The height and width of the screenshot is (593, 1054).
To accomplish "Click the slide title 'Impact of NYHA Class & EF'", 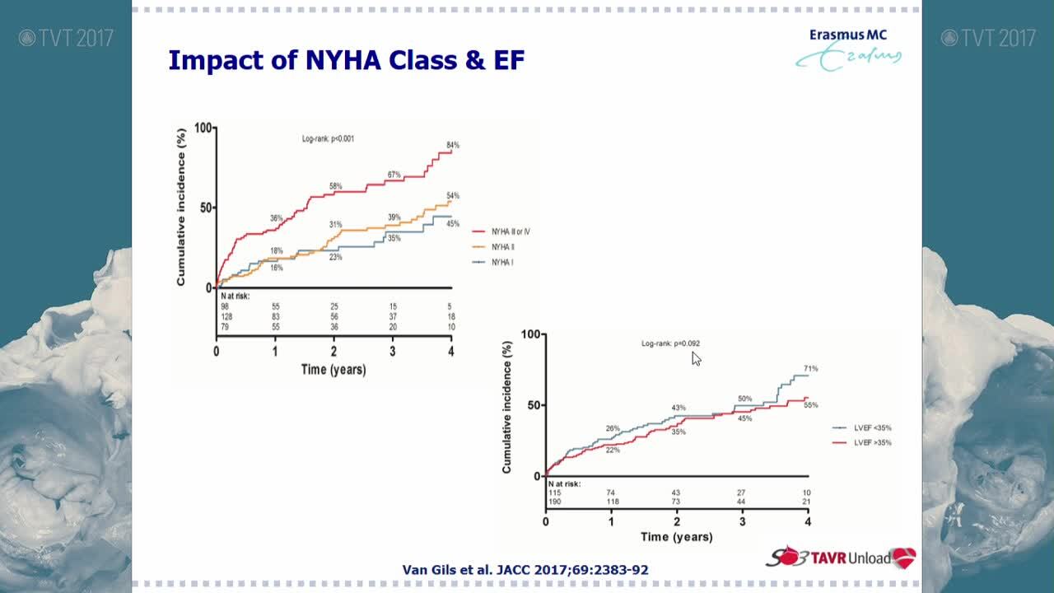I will coord(346,60).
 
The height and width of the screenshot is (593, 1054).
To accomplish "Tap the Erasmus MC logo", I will coord(848,49).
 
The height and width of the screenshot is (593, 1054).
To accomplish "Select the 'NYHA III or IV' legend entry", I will coord(510,232).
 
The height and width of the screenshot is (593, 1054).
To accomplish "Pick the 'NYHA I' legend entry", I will coord(501,262).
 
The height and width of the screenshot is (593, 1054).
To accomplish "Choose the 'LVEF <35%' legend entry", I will coord(872,428).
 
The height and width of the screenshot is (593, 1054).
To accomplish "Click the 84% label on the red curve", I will coord(452,146).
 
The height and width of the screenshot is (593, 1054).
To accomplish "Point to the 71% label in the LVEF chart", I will coord(810,369).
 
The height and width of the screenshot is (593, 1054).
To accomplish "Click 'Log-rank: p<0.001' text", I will coord(328,138).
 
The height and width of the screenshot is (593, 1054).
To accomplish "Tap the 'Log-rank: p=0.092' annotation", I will coord(670,343).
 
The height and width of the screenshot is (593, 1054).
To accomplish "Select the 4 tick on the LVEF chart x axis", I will coord(808,522).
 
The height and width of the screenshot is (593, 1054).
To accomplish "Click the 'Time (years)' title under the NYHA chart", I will coord(333,370).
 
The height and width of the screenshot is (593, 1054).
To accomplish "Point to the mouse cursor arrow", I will coord(696,358).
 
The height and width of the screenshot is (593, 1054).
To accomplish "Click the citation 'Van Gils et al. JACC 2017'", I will coord(525,570).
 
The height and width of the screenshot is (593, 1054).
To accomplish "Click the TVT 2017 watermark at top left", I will coord(66,38).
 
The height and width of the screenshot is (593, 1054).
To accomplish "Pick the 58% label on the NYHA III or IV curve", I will coord(335,186).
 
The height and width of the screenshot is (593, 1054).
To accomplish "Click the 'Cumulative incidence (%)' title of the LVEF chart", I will coord(507,408).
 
